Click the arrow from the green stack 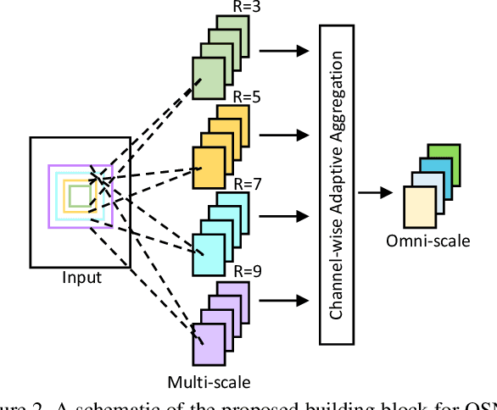pyautogui.click(x=283, y=51)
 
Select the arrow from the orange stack pyautogui.click(x=283, y=133)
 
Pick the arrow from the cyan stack pyautogui.click(x=283, y=216)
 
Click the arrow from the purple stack pyautogui.click(x=283, y=299)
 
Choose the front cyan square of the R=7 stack pyautogui.click(x=209, y=252)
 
